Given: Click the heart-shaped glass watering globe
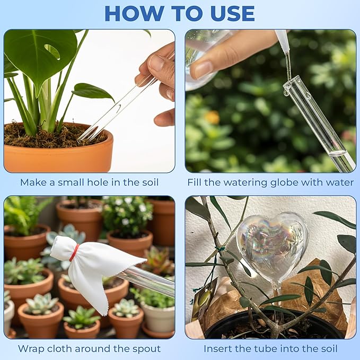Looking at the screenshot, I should click(272, 246).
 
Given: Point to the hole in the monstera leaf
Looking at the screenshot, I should click(52, 51).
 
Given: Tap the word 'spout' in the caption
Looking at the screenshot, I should click(146, 349).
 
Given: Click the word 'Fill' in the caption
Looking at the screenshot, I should click(195, 182).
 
